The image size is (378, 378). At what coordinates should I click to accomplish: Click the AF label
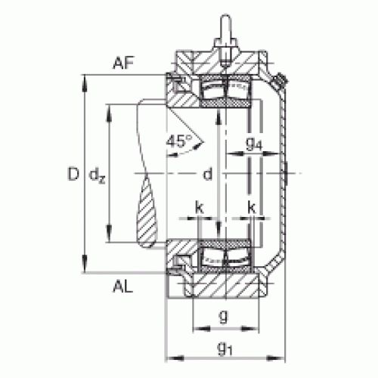[x=123, y=63]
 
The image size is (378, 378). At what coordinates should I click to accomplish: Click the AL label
[x=122, y=287]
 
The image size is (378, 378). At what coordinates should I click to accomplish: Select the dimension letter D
[x=73, y=174]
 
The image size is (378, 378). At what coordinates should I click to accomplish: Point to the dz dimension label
[x=97, y=175]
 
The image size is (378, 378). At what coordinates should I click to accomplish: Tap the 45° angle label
[x=179, y=141]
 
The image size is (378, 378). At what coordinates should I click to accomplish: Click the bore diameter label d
[x=208, y=174]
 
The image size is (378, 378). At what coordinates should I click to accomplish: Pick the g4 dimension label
[x=254, y=144]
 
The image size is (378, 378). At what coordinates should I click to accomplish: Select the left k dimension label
[x=200, y=208]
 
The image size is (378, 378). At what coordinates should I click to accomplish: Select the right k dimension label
[x=252, y=208]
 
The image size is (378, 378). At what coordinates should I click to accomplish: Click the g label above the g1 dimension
[x=224, y=316]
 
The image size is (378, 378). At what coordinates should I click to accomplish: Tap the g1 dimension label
[x=225, y=350]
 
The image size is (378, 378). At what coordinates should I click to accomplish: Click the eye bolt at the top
[x=225, y=33]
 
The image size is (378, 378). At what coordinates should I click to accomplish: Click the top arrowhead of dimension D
[x=85, y=83]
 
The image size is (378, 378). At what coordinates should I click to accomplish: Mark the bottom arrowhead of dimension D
[x=85, y=264]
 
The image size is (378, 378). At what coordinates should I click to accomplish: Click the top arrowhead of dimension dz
[x=109, y=113]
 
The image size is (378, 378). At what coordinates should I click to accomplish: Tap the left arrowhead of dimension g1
[x=175, y=358]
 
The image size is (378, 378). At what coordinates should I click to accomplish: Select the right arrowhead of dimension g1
[x=276, y=358]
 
